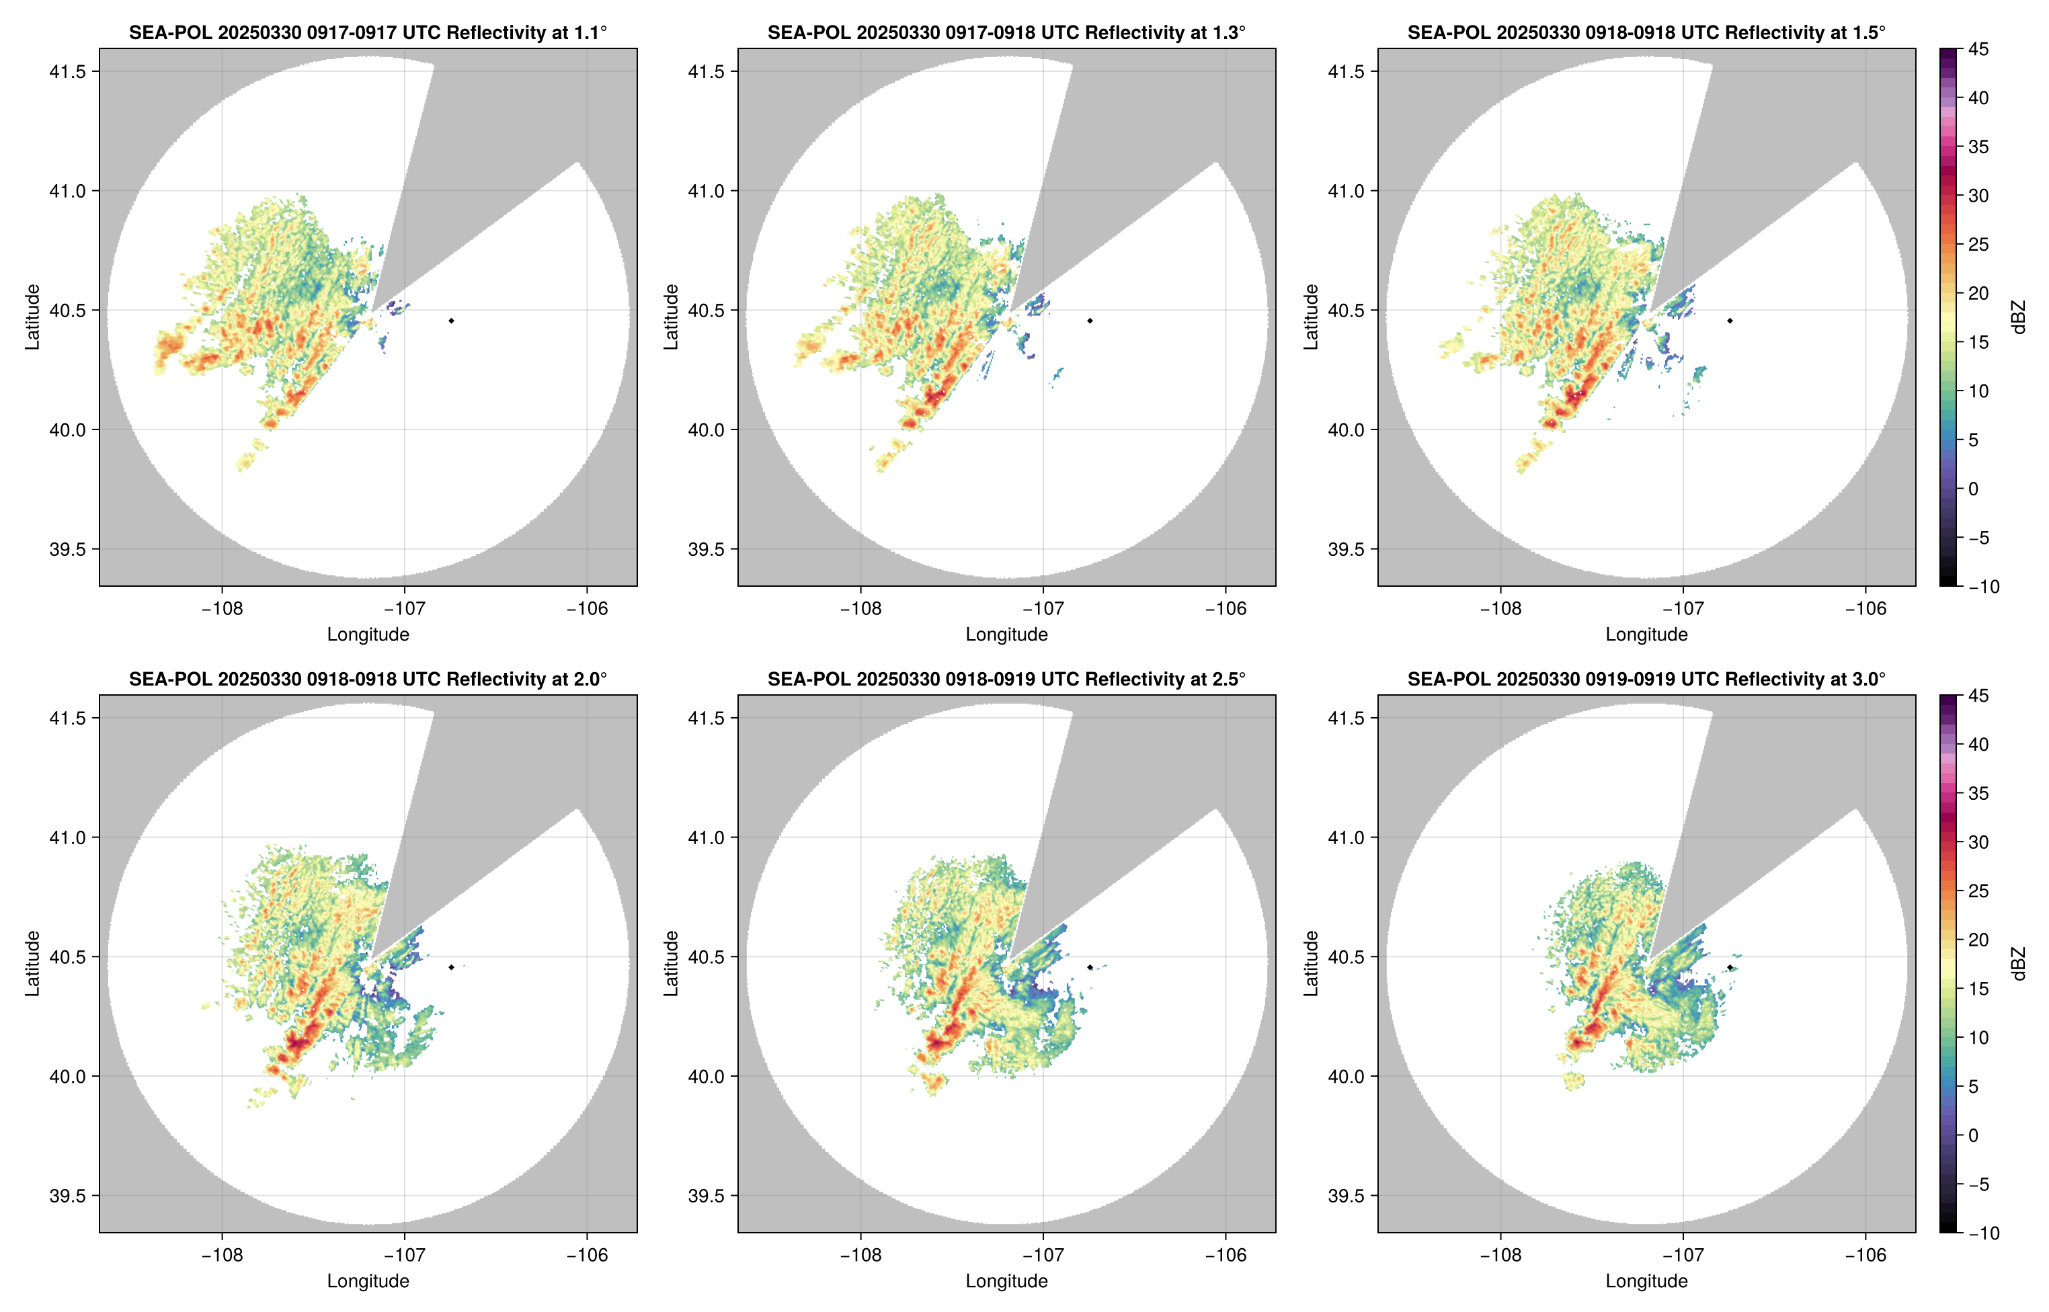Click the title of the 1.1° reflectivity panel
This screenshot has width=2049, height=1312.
[x=368, y=32]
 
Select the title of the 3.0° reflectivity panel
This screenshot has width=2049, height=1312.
[x=1646, y=679]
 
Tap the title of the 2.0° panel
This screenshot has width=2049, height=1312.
[x=368, y=679]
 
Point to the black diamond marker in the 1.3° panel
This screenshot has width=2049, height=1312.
[x=1090, y=321]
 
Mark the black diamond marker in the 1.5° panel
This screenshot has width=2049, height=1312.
[x=1730, y=321]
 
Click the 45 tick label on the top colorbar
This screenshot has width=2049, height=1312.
[x=1978, y=50]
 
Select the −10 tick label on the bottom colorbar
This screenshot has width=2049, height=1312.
[x=1983, y=1232]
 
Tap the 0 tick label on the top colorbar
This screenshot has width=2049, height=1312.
[x=1973, y=489]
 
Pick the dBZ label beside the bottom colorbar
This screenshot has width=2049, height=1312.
[x=2017, y=964]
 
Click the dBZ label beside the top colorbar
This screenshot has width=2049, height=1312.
[x=2017, y=317]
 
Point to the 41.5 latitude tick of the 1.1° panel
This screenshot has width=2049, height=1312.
[x=68, y=71]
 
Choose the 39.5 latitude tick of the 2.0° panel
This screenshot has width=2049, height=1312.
[x=68, y=1195]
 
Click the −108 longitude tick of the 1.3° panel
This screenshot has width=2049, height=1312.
[x=860, y=608]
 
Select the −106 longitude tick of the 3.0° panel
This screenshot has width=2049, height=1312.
[x=1865, y=1255]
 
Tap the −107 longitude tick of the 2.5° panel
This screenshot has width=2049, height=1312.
[x=1043, y=1255]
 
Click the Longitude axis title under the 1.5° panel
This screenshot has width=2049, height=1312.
[x=1646, y=634]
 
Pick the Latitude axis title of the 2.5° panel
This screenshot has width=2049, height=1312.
[x=672, y=964]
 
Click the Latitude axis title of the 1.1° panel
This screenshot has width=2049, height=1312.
[x=32, y=317]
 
